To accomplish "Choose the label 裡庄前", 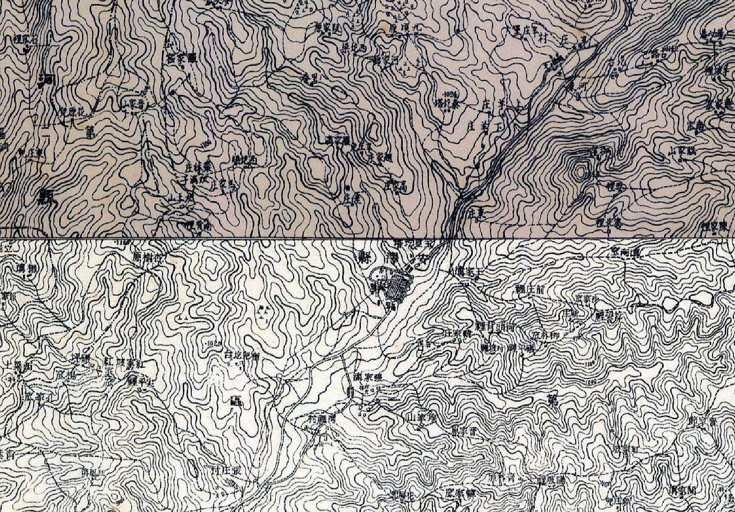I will click(529, 289).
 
